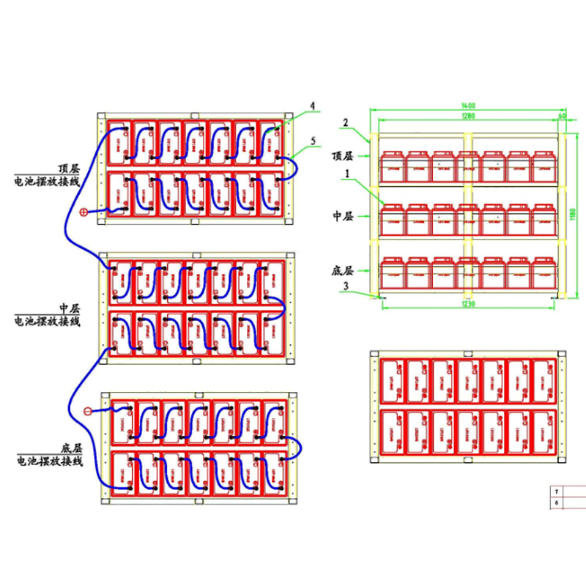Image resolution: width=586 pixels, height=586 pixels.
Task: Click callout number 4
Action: (x=313, y=106)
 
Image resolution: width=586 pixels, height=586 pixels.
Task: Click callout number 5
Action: (x=313, y=139)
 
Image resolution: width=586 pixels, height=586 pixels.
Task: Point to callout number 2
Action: (x=347, y=122)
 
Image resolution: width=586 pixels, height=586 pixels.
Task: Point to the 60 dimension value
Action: (x=563, y=116)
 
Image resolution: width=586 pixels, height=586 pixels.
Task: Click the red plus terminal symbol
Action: (x=85, y=212)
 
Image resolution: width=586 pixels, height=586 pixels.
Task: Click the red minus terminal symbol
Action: (x=89, y=411)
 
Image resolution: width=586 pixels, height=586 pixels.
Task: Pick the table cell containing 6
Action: (x=557, y=503)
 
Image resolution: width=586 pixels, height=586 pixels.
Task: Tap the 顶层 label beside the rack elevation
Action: (x=343, y=156)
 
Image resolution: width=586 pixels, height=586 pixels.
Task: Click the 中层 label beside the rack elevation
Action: (x=343, y=216)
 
